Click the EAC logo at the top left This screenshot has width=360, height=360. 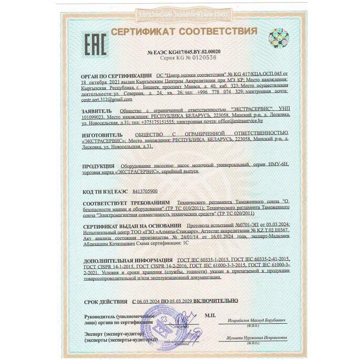click(96, 40)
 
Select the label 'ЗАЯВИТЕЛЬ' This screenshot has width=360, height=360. click(97, 111)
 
